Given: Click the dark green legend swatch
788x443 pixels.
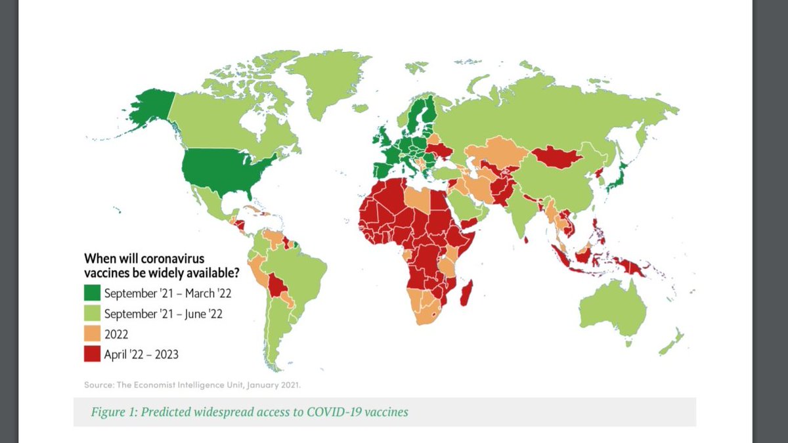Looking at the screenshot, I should coord(93,293).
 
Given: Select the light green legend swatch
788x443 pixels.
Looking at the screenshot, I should coord(93,314).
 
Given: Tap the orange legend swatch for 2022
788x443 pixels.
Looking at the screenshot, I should coord(93,334).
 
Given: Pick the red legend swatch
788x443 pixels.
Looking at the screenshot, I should coord(93,354).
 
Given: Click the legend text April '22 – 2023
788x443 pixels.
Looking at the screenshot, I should coord(141,354).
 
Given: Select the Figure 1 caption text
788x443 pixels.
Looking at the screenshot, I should coord(250,412).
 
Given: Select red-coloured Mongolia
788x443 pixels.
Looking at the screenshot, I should coord(556,157).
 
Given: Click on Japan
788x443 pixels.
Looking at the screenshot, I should coord(617,177).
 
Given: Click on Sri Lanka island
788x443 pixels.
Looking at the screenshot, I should coord(527,240).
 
